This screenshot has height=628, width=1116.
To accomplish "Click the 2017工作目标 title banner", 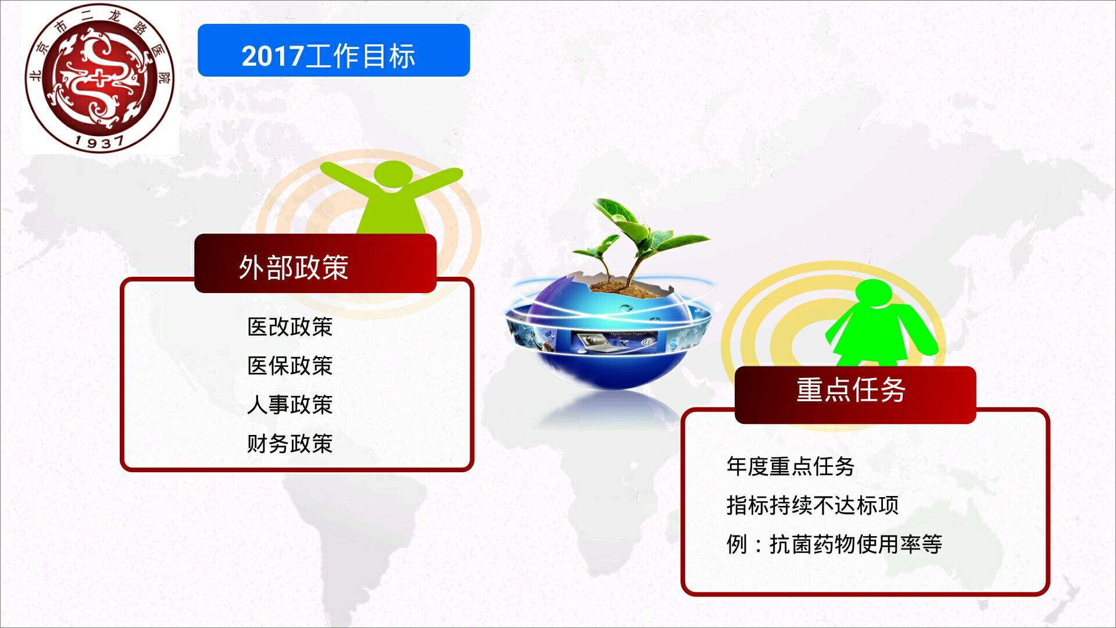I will point(333,51).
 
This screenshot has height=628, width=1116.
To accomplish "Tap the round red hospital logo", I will point(99,77).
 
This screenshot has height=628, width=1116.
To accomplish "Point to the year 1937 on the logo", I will point(99,141).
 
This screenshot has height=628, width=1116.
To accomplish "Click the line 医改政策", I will point(289,327).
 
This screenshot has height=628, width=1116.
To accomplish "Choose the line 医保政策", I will point(289,366).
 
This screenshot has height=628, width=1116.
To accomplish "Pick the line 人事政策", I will point(289,405).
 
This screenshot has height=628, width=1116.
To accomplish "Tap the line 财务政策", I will point(289,444).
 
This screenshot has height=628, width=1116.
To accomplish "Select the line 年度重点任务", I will point(790,466).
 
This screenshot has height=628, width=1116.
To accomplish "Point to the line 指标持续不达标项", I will point(812,505).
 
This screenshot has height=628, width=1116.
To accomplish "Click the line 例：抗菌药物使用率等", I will point(834,544).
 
